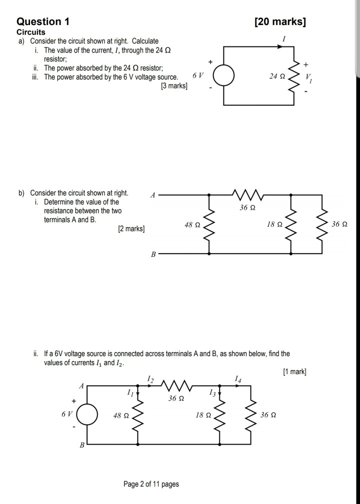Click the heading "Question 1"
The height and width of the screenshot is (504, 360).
tap(43, 21)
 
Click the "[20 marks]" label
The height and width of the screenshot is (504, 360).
tap(280, 21)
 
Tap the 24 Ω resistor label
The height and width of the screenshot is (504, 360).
tap(276, 76)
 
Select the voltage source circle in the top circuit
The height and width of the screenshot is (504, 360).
tap(223, 76)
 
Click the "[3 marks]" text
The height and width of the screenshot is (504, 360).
tap(174, 86)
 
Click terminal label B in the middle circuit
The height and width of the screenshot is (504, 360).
tap(153, 255)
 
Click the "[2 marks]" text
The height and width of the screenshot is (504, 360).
tap(131, 229)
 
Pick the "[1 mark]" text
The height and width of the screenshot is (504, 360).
tap(294, 372)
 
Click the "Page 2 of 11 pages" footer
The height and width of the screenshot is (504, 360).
tap(151, 484)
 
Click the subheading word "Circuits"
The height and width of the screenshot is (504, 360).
tap(31, 32)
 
